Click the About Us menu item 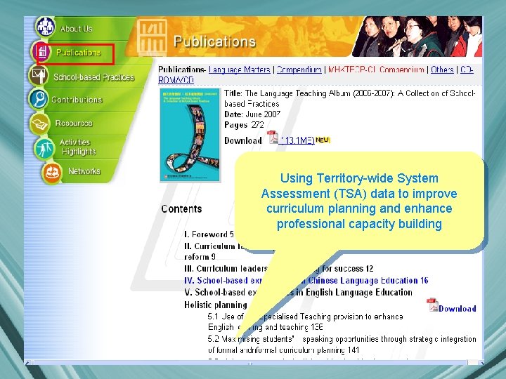(76, 29)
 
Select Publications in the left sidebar (78, 53)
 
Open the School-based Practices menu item (93, 77)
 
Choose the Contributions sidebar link (77, 100)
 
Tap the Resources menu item (74, 124)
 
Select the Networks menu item (84, 171)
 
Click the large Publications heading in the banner (214, 42)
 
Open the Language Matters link (240, 70)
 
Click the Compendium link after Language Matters (299, 70)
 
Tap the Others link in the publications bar (442, 70)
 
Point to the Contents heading (181, 209)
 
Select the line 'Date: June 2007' (252, 114)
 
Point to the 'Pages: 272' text (244, 125)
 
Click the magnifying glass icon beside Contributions (39, 99)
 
